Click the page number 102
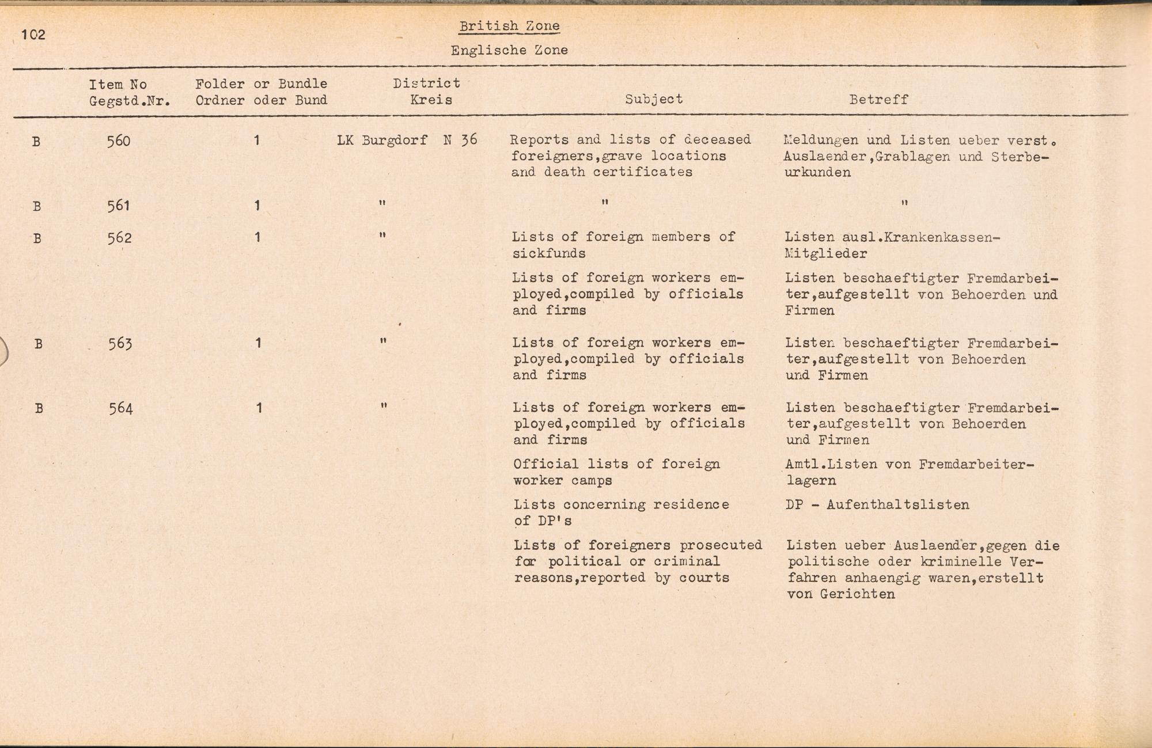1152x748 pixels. pos(33,35)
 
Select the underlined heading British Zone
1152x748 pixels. pos(509,26)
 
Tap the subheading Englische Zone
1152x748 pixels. pos(509,50)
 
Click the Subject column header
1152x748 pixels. pos(654,99)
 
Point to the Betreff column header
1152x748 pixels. pos(878,100)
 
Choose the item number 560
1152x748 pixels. pos(119,141)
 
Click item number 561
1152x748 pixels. pos(119,206)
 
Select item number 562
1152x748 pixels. pos(119,238)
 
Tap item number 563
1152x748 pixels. pos(120,344)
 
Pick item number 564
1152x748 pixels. pos(121,409)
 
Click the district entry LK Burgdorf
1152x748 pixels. pos(382,140)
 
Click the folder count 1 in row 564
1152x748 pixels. pos(259,408)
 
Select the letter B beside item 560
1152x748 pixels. pos(36,141)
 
